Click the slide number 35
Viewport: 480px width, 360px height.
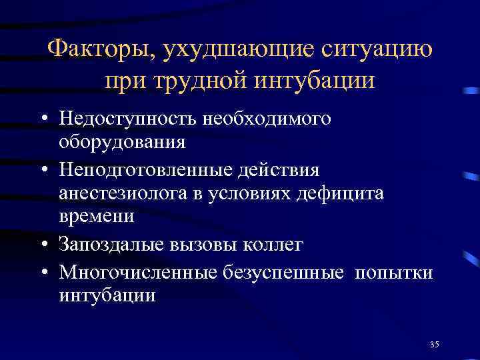tap(435, 344)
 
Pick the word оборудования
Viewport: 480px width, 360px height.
tap(122, 142)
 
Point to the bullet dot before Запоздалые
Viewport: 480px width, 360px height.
tap(42, 245)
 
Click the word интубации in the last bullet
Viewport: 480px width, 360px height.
tap(107, 295)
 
